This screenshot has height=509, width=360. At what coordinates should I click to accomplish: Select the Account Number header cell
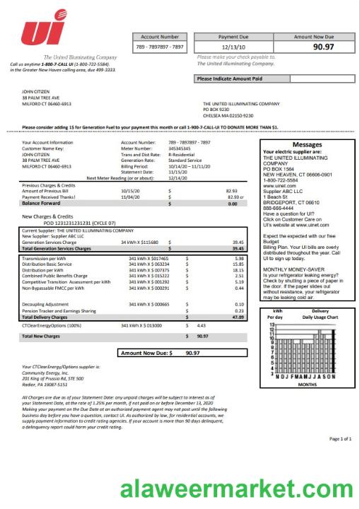(x=160, y=36)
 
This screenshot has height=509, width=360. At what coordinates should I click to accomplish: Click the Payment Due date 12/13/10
(x=233, y=47)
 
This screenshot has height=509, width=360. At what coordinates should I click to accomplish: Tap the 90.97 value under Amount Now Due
(x=323, y=47)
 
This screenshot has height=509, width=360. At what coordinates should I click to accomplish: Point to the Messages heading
(x=307, y=144)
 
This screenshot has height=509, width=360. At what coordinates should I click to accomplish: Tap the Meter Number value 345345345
(x=180, y=149)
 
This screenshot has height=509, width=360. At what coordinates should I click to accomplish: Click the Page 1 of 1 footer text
(x=341, y=439)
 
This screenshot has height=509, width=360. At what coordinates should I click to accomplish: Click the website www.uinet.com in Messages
(x=277, y=185)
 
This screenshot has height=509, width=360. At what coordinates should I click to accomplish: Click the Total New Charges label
(x=41, y=337)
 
